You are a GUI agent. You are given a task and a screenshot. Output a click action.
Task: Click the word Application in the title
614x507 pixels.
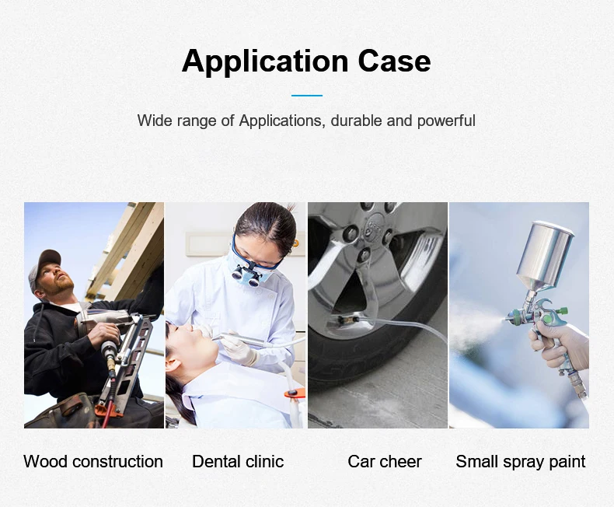[x=265, y=61]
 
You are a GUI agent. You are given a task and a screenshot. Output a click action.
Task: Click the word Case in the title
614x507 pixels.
[x=394, y=61]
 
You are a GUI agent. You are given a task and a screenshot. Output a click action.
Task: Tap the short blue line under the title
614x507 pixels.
[x=306, y=95]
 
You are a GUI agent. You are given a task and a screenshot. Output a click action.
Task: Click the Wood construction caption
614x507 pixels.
[x=93, y=461]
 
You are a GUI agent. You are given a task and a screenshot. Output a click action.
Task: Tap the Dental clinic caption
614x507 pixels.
[x=238, y=461]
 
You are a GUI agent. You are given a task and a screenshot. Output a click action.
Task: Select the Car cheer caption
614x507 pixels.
[x=385, y=461]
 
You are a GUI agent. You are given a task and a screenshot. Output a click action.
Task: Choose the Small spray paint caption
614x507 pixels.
[x=521, y=462]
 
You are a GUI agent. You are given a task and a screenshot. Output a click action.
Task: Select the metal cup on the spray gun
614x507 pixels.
[x=546, y=255]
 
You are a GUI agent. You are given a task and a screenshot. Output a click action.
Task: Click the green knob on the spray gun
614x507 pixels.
[x=562, y=311]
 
